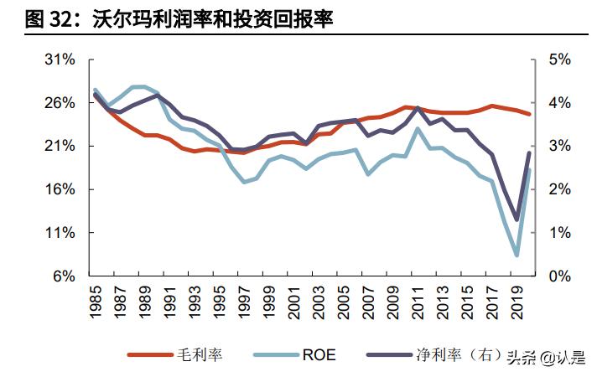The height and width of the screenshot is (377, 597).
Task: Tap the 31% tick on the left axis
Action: (60, 59)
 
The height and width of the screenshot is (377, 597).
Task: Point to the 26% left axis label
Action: (60, 103)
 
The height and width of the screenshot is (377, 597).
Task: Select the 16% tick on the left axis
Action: (60, 189)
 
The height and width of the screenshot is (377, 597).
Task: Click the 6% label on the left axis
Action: (64, 276)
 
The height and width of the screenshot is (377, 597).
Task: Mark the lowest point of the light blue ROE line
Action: (517, 255)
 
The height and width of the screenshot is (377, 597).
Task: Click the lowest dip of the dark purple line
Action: (517, 219)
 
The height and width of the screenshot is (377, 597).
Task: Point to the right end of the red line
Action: (529, 114)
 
